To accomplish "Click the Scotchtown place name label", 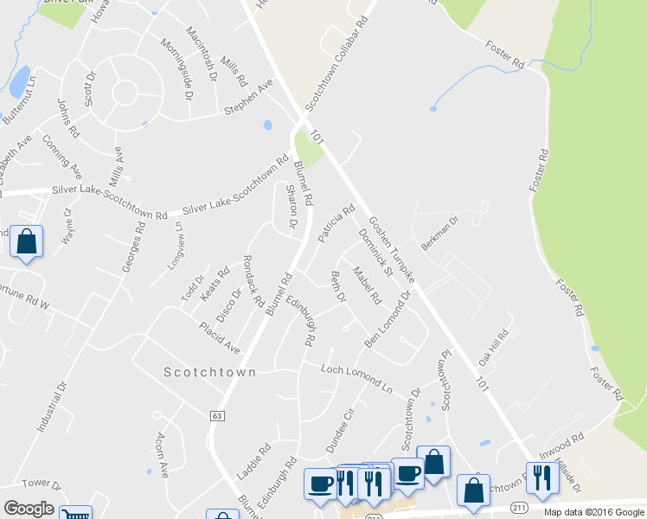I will pyautogui.click(x=210, y=372).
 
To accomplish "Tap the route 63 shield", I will pyautogui.click(x=215, y=416).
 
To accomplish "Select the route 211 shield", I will pyautogui.click(x=519, y=506).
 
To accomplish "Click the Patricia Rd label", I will pyautogui.click(x=336, y=223).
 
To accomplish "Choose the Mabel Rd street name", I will pyautogui.click(x=367, y=286).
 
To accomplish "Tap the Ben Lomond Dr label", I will pyautogui.click(x=388, y=319).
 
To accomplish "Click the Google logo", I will pyautogui.click(x=29, y=509).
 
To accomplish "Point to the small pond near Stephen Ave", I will pyautogui.click(x=268, y=125).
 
